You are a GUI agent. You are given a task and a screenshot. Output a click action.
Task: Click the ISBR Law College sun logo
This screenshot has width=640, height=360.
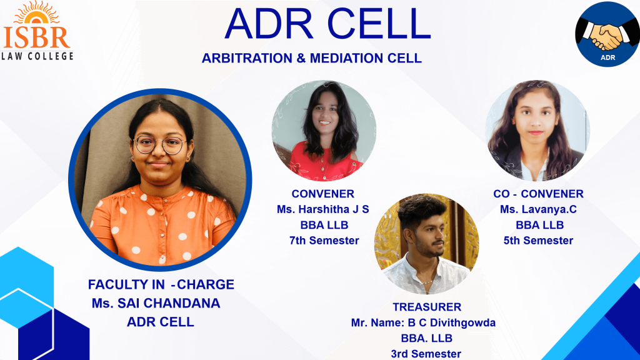[37, 31]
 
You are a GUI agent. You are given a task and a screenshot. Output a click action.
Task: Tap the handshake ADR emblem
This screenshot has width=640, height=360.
[607, 34]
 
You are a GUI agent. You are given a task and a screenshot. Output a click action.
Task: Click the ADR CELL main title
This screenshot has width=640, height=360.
[327, 24]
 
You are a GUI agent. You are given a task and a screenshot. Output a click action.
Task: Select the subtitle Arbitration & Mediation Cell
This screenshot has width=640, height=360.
[311, 58]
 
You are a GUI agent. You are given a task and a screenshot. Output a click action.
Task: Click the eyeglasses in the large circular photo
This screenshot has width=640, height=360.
[160, 145]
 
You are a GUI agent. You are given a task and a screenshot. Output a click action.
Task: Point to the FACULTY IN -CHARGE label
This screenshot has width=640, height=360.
[161, 284]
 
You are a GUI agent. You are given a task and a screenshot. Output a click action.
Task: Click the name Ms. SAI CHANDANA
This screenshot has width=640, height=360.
[156, 303]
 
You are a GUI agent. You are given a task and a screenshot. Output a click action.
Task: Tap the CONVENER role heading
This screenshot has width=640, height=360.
[323, 194]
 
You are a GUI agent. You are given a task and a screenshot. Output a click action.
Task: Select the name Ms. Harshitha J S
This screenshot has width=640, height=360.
[323, 209]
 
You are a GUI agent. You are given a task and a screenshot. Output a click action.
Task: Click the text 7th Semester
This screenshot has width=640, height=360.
[324, 241]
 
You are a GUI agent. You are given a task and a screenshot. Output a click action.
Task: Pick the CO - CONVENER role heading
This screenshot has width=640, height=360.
[538, 194]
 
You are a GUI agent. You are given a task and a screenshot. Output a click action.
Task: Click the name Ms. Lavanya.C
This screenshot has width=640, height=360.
[538, 209]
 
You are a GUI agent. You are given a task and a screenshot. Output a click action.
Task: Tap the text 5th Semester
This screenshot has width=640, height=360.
[538, 241]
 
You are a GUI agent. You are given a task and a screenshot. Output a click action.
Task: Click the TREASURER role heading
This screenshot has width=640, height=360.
[427, 307]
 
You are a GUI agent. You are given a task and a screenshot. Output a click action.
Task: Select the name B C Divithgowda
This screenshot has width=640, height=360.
[452, 323]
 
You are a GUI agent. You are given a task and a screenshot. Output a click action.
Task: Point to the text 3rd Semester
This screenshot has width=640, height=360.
[426, 354]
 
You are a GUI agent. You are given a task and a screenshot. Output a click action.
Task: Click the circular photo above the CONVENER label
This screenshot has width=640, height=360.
[324, 131]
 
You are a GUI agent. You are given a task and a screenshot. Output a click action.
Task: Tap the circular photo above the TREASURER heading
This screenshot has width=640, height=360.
[426, 244]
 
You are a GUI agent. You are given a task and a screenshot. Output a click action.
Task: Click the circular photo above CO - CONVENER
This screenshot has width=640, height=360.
[538, 131]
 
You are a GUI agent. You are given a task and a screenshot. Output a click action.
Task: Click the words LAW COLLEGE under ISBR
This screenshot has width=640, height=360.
[37, 56]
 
